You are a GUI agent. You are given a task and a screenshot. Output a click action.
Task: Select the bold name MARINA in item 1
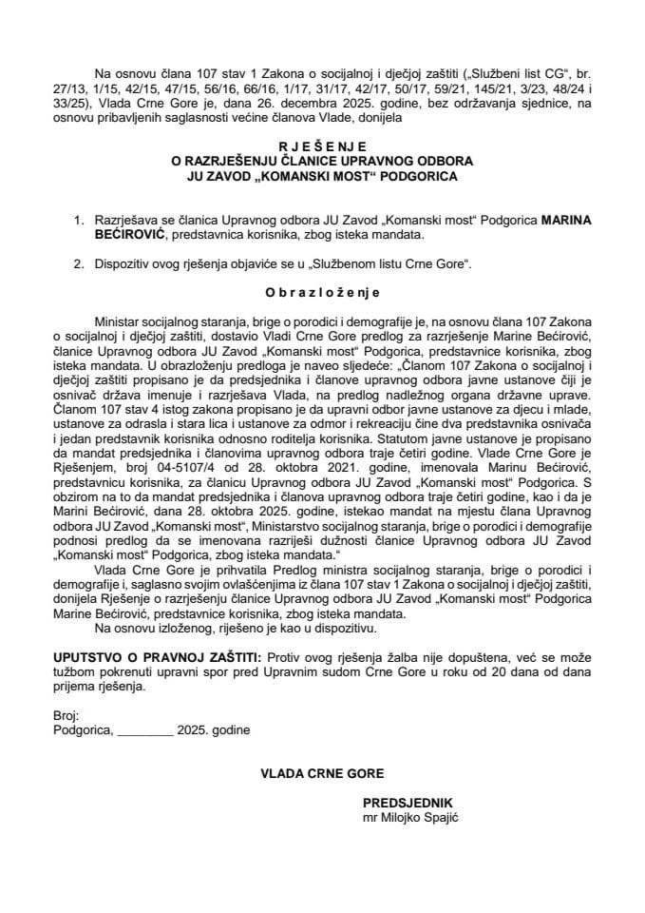tap(566, 219)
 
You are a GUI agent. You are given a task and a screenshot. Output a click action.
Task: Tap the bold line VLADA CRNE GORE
tap(322, 774)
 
